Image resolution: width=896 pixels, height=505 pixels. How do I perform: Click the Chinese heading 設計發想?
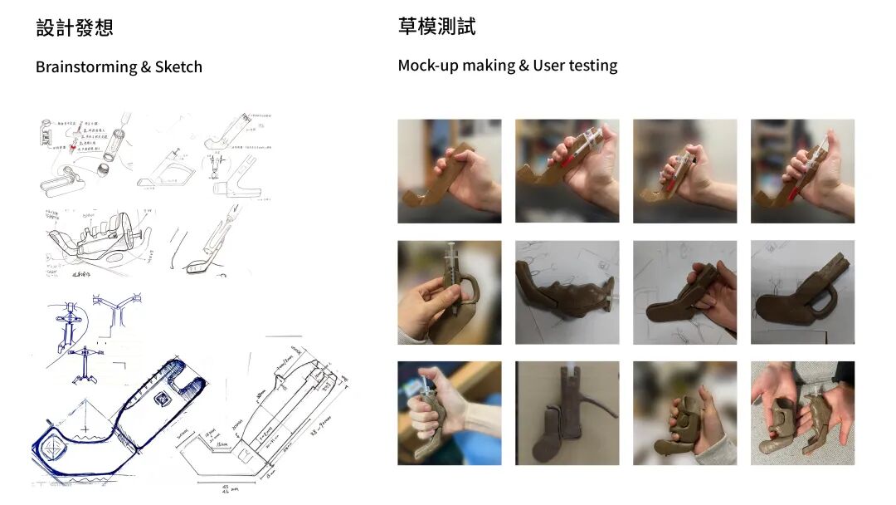[x=75, y=27]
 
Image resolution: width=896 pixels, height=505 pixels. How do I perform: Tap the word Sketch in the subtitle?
[x=178, y=67]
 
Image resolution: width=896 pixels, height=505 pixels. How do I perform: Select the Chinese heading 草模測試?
[x=436, y=27]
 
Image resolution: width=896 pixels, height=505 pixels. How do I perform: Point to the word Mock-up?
[x=432, y=65]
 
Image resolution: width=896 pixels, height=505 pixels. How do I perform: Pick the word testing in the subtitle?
[x=593, y=66]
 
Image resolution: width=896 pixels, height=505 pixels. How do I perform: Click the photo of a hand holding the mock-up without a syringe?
[x=449, y=171]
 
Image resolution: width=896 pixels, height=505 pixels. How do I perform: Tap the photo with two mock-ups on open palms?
[x=802, y=413]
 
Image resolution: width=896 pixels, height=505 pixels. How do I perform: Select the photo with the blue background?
[x=449, y=413]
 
